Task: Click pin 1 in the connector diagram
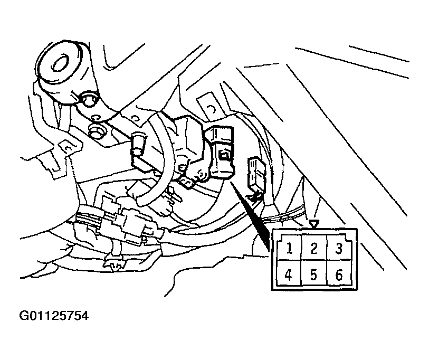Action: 289,248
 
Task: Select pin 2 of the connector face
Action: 314,248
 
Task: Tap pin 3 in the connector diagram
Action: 339,248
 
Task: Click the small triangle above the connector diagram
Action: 314,224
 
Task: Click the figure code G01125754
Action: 54,316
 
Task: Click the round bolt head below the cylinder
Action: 88,100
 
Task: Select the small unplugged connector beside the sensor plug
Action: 256,176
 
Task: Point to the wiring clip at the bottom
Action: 115,260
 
